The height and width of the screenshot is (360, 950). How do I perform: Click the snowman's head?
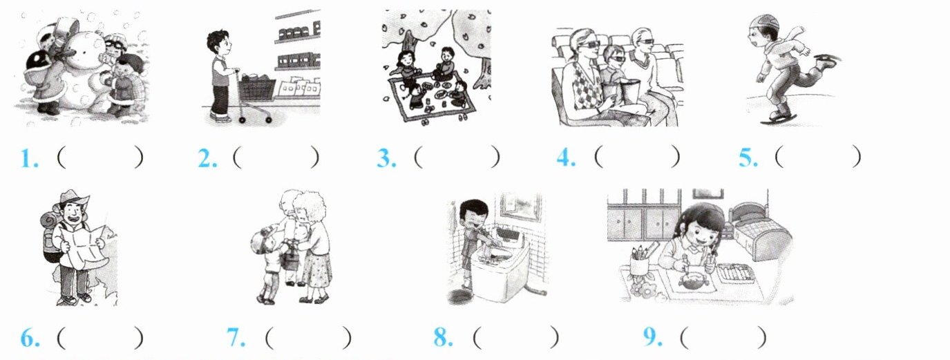87,49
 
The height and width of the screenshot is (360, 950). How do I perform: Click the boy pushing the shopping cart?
220,76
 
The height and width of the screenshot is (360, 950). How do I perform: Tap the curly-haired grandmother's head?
311,207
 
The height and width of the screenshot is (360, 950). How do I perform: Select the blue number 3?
386,158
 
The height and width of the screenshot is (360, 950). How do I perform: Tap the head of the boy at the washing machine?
473,214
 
